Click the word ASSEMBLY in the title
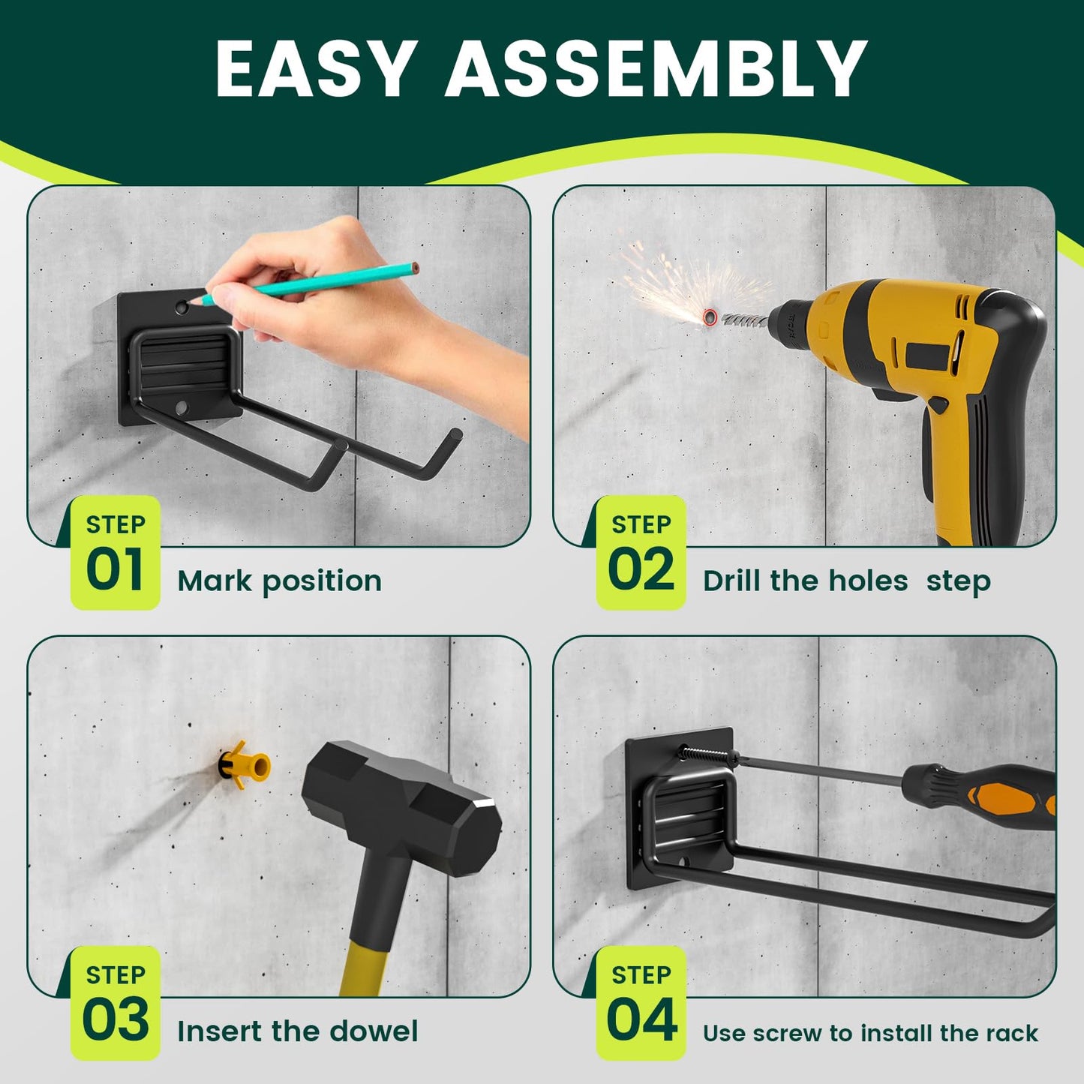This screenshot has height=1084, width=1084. [656, 68]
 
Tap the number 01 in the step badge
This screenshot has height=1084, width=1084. [115, 570]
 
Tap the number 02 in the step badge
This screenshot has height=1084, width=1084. [641, 570]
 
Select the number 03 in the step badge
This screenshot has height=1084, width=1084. [115, 1020]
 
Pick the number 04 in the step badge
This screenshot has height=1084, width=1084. [641, 1020]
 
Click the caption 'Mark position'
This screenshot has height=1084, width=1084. [279, 581]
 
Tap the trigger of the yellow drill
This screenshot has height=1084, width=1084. [937, 405]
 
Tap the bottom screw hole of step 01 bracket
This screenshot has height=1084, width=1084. [181, 408]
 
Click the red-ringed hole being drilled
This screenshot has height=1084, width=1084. [710, 317]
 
